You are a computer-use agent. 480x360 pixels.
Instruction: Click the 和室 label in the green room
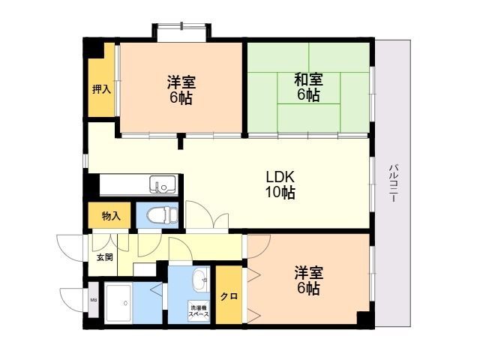(x=308, y=78)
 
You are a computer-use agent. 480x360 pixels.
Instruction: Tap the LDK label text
(x=280, y=177)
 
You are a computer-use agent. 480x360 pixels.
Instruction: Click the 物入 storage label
(x=110, y=216)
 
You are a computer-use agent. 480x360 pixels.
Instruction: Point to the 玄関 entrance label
(x=104, y=257)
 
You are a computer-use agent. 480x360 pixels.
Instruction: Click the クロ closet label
(x=229, y=297)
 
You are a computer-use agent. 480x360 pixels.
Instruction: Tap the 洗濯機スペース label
(x=199, y=311)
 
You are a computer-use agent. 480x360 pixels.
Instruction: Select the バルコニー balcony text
(x=393, y=183)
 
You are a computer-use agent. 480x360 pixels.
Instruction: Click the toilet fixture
(x=161, y=215)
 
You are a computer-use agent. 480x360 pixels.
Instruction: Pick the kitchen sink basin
(x=160, y=183)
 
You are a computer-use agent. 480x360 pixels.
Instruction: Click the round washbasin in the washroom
(x=200, y=282)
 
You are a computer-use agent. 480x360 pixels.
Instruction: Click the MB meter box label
(x=94, y=301)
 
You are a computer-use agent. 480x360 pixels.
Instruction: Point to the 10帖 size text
(x=280, y=193)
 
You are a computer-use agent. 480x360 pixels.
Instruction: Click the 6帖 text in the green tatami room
(x=308, y=95)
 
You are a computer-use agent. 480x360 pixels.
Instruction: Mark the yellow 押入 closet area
(x=101, y=79)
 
